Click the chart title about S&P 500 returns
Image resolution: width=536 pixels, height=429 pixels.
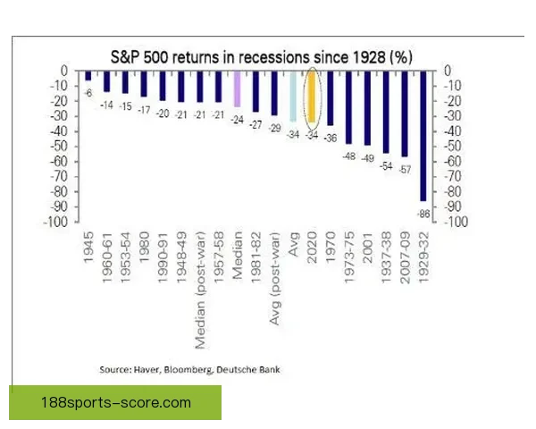[262, 57]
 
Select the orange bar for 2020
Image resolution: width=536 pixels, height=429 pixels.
[312, 97]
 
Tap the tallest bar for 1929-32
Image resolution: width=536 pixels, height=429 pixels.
[423, 136]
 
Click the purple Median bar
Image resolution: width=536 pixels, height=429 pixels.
[238, 89]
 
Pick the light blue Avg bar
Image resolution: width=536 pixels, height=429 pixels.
[293, 97]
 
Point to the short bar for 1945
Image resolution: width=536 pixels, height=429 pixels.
[88, 76]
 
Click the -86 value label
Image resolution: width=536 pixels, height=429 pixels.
[423, 214]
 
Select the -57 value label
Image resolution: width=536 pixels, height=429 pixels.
[405, 169]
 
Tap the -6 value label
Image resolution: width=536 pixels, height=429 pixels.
[88, 93]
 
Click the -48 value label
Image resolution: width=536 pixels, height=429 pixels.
[349, 156]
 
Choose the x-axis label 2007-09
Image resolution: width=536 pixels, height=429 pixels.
[405, 257]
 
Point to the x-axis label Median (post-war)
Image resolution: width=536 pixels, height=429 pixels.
[200, 290]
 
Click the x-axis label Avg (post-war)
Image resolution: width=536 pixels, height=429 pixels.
[274, 279]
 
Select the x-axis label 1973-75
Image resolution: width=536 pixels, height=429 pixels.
[349, 257]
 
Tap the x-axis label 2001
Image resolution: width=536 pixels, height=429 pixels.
[367, 248]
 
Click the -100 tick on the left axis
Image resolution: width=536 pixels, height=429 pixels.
[55, 222]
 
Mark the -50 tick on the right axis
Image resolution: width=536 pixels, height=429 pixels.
[453, 147]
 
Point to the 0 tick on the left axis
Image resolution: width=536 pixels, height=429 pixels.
[64, 71]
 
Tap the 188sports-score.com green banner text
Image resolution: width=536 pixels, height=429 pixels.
[116, 402]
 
